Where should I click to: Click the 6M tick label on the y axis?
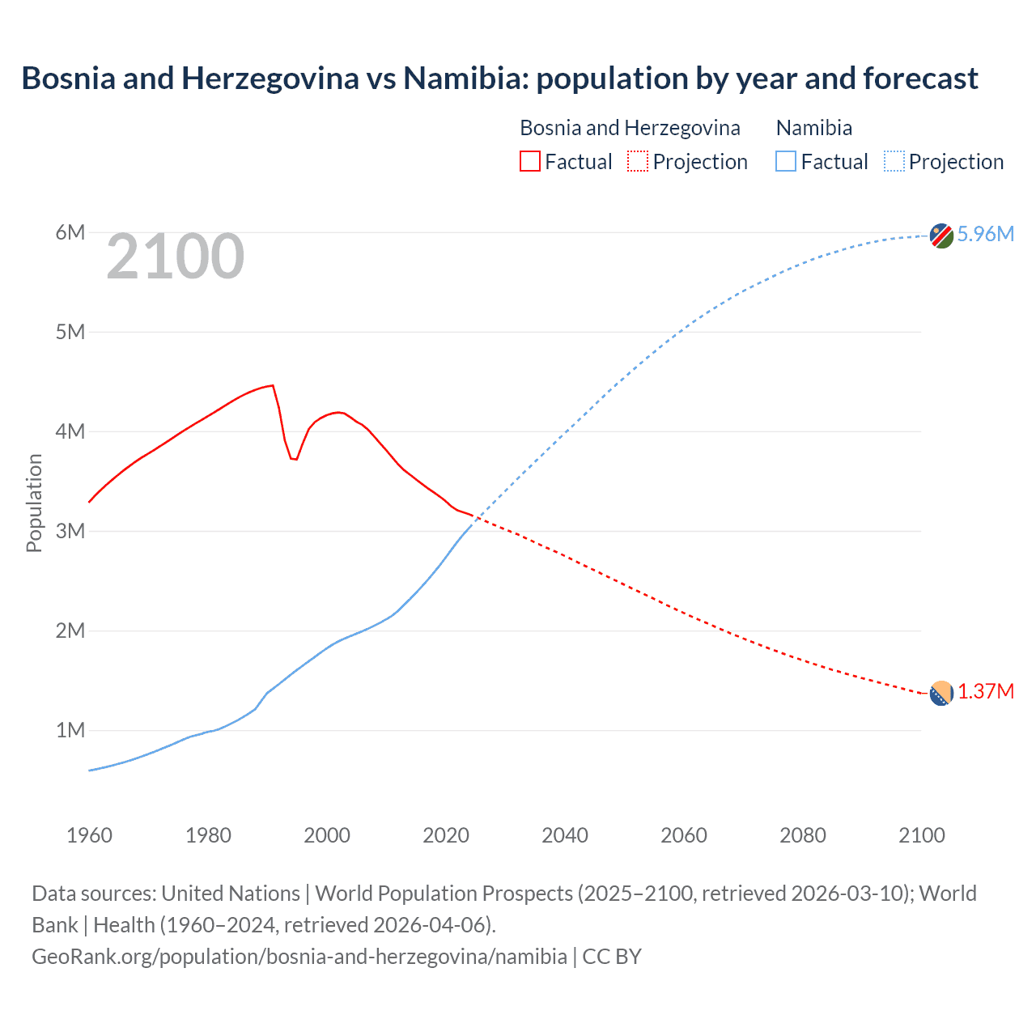(70, 233)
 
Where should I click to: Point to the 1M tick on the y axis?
(70, 730)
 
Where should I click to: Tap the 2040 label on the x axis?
(564, 835)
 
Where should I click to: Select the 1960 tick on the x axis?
(89, 835)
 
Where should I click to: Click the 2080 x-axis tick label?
(802, 835)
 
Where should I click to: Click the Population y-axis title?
(34, 503)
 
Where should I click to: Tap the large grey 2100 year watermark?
(175, 257)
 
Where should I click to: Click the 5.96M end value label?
(985, 234)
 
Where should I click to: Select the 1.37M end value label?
(985, 692)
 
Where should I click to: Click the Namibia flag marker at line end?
(940, 236)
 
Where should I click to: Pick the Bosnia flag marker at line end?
(940, 694)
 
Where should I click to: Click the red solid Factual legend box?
(529, 162)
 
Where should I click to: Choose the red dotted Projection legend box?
(637, 162)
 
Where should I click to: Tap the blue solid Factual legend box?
(785, 162)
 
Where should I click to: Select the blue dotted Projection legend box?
(894, 162)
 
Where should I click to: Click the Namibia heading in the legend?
(813, 128)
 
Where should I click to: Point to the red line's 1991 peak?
(273, 385)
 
